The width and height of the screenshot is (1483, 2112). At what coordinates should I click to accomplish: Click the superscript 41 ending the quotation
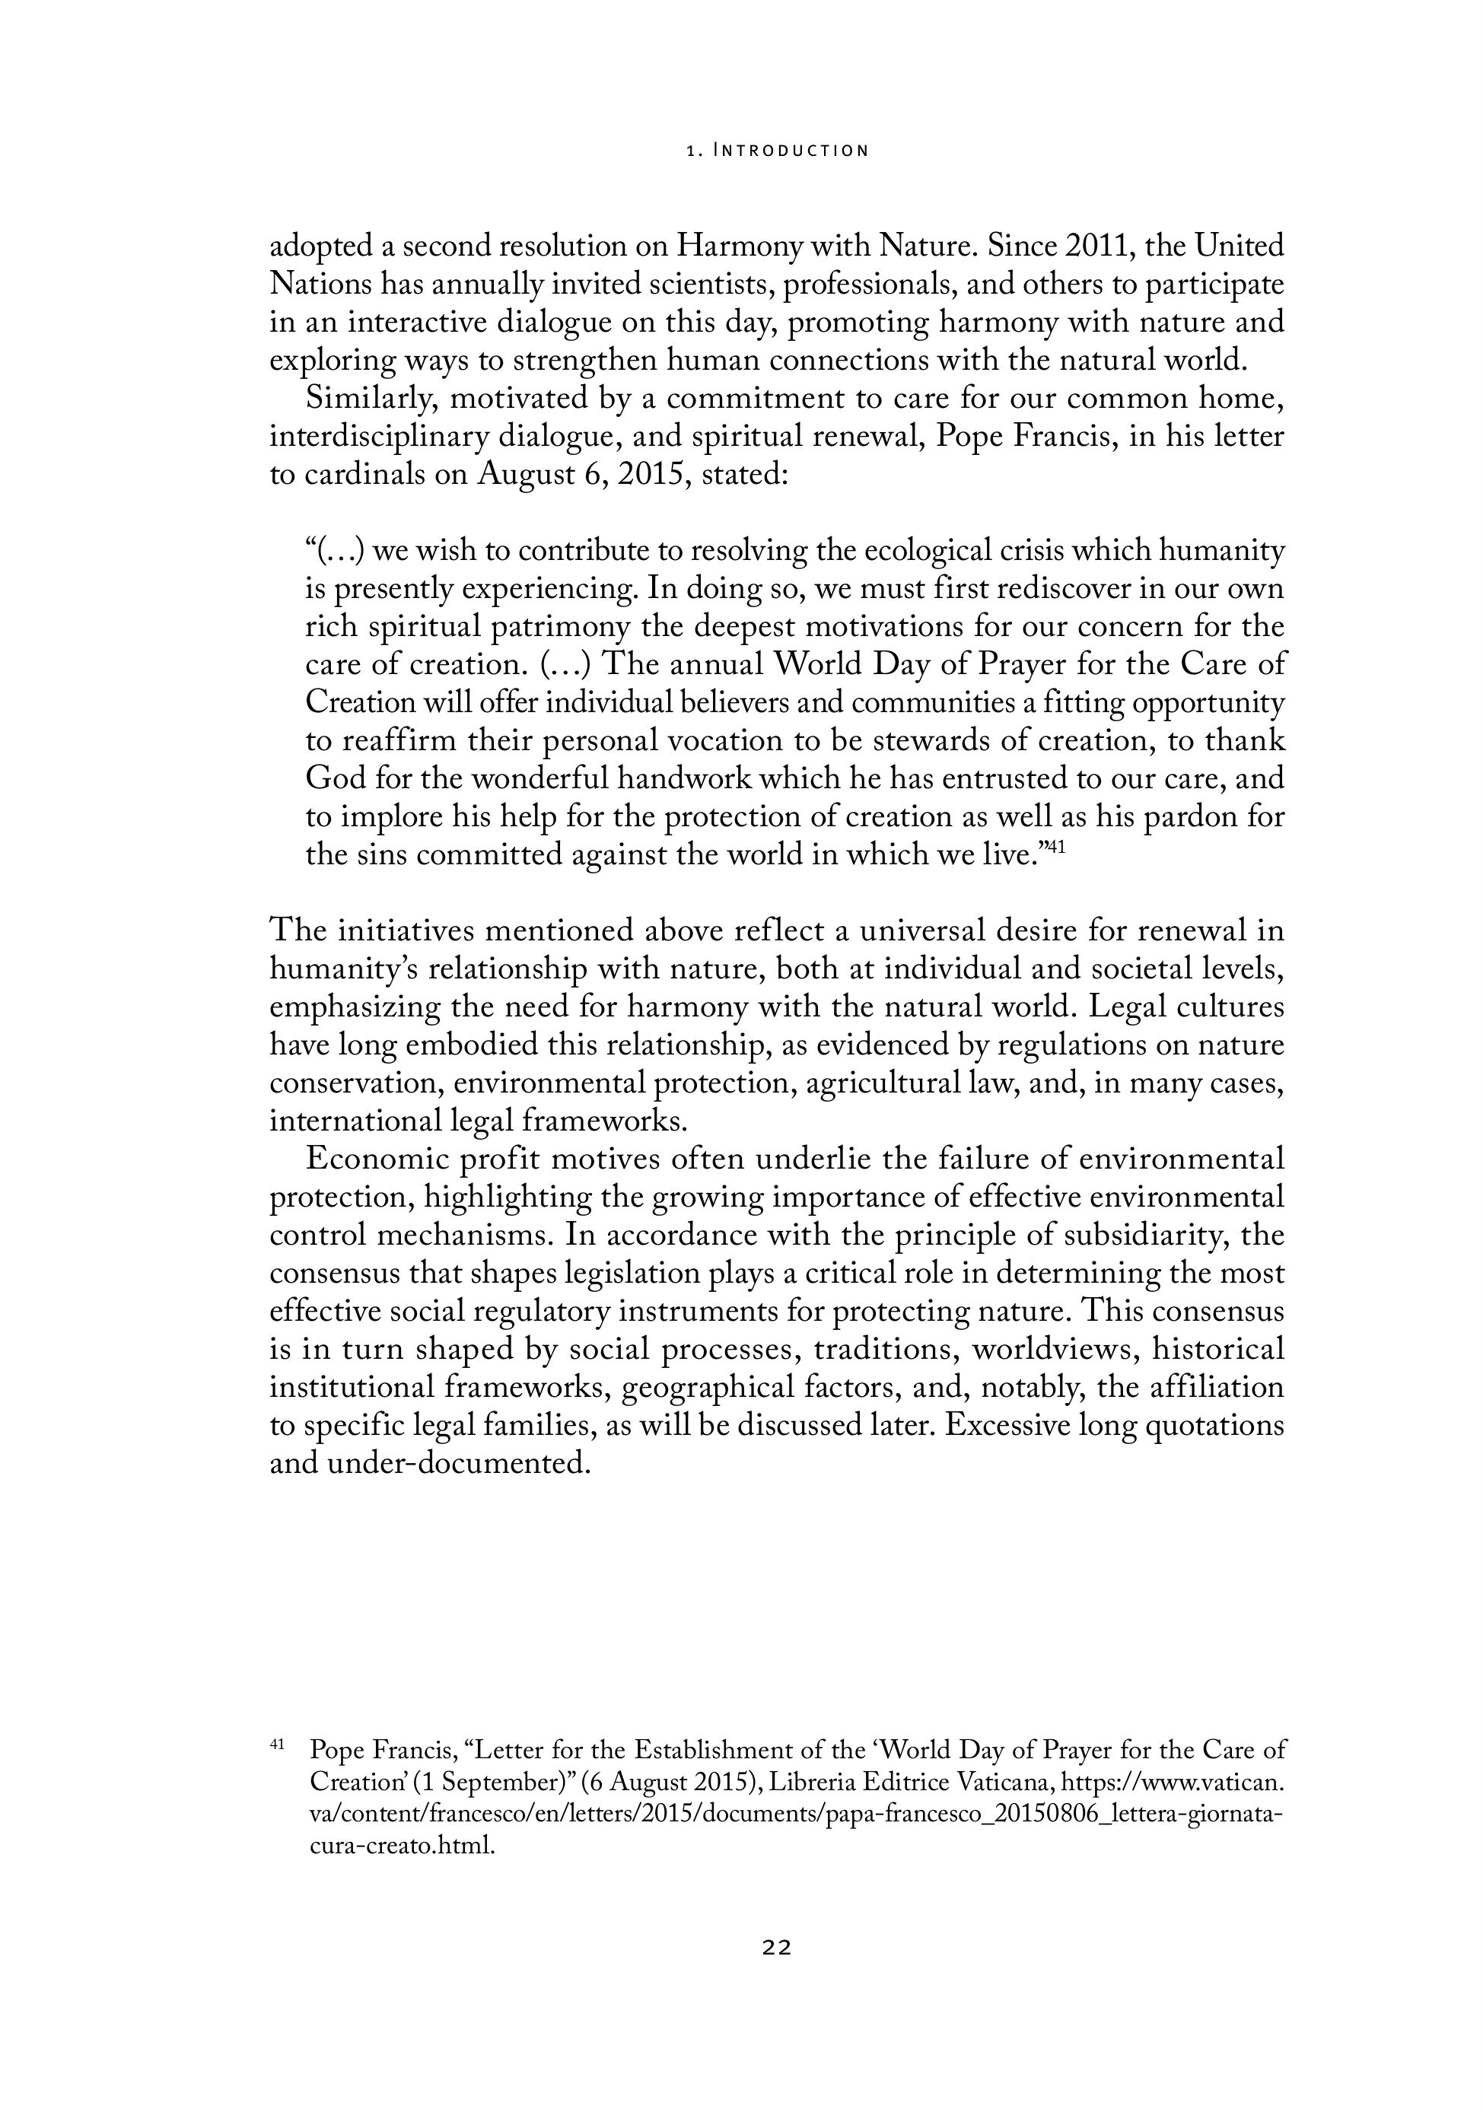point(1056,848)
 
